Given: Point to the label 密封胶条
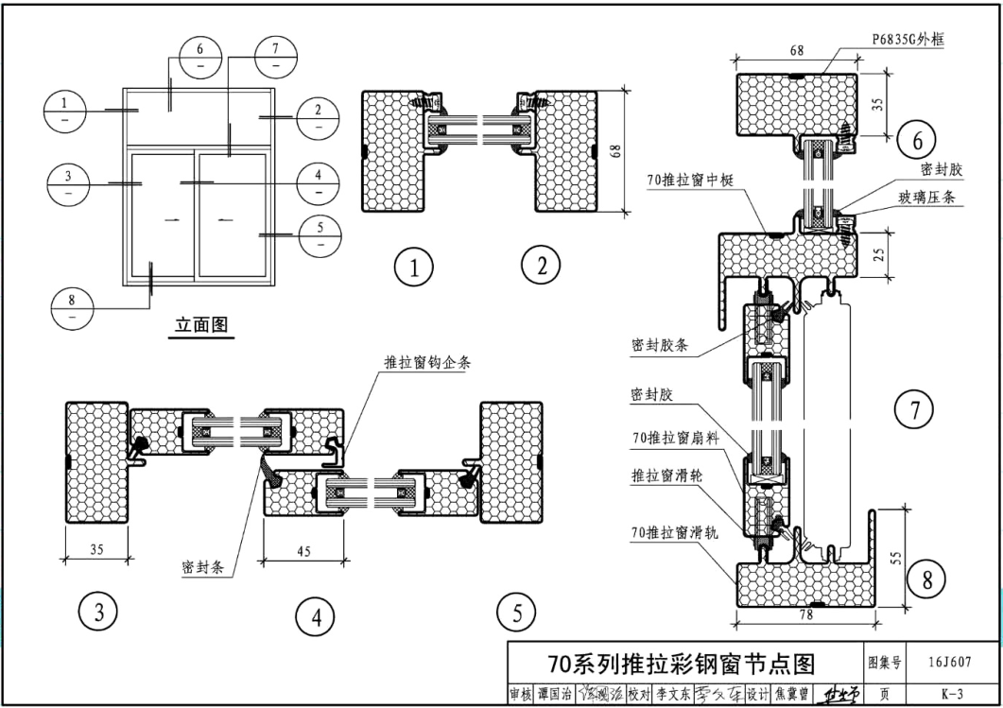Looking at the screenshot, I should point(660,345).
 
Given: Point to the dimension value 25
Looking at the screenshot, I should point(878,254).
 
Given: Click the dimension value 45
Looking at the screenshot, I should point(303,550).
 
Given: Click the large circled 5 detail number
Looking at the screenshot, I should point(516,613).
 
